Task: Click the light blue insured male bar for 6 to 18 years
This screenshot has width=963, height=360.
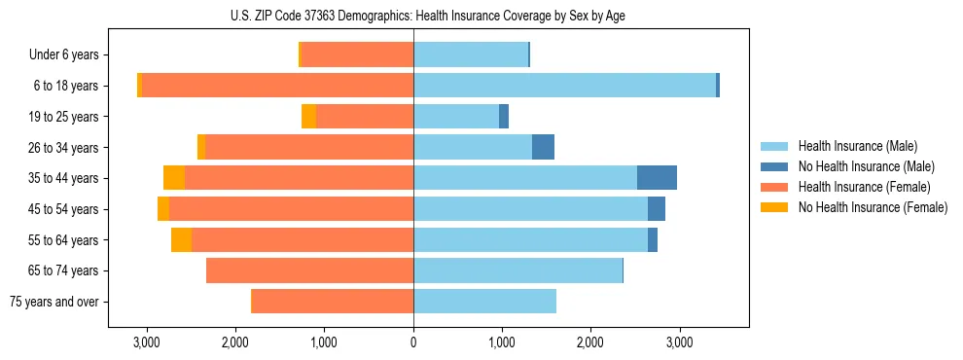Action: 564,86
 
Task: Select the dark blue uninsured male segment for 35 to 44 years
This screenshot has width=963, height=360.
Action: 657,178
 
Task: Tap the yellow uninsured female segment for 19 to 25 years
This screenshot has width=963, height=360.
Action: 308,117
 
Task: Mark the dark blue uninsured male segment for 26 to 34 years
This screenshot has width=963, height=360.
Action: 543,147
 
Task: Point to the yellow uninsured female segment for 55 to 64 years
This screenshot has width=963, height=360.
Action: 181,240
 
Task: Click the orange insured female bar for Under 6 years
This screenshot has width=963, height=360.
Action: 357,55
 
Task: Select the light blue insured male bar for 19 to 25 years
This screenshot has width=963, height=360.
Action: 456,117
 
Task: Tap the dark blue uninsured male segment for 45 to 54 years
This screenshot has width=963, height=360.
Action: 657,209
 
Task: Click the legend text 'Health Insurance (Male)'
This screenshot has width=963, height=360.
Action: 858,146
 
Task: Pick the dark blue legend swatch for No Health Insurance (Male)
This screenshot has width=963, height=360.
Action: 775,166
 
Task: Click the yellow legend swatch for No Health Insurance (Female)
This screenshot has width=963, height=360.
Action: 775,207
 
